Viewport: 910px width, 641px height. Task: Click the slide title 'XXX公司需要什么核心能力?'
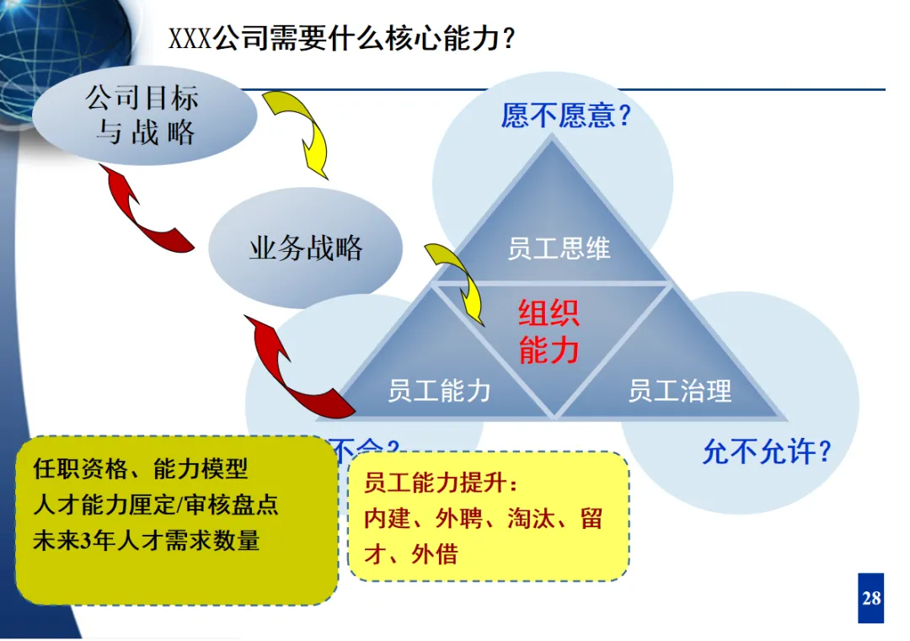point(342,39)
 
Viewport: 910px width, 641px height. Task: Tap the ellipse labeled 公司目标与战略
point(144,115)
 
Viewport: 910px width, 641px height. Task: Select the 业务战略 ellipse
point(306,248)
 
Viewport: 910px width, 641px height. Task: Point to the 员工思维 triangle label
point(559,248)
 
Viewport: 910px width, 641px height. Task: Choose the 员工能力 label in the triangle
point(439,391)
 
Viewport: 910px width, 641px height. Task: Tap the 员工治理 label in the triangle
point(680,391)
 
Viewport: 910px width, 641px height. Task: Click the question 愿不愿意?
point(566,115)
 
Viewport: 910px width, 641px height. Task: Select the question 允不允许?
point(767,452)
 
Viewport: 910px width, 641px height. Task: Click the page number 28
point(871,598)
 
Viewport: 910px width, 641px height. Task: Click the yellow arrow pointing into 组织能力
point(459,282)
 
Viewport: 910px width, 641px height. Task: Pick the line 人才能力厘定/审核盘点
point(156,505)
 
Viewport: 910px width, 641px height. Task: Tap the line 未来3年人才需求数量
point(147,540)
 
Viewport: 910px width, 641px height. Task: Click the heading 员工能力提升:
point(439,483)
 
